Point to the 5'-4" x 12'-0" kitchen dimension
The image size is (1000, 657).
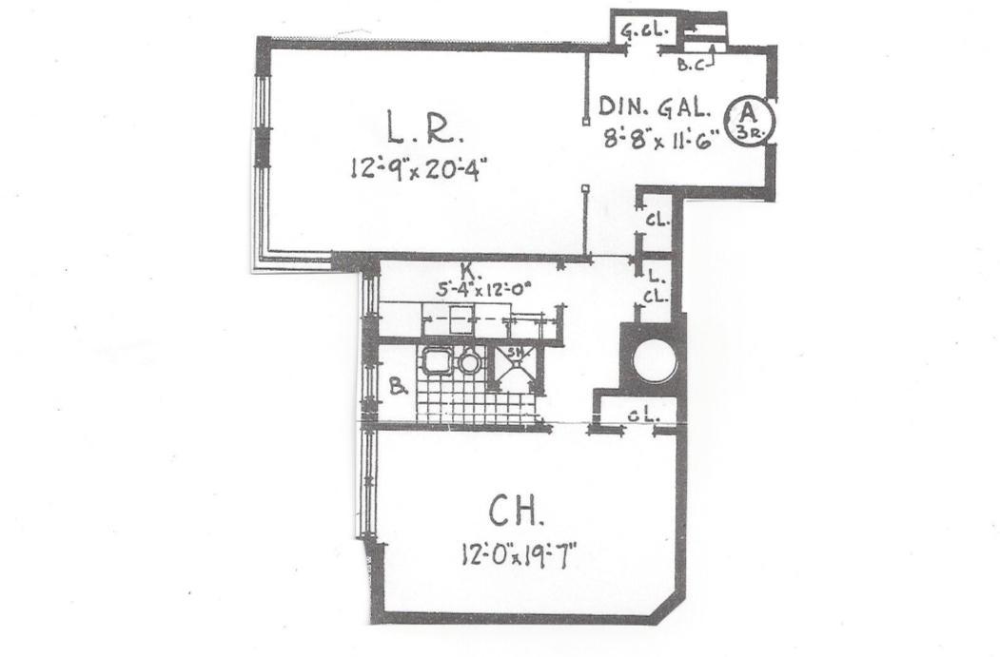tap(482, 289)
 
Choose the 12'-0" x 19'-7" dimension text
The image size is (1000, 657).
tap(516, 553)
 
